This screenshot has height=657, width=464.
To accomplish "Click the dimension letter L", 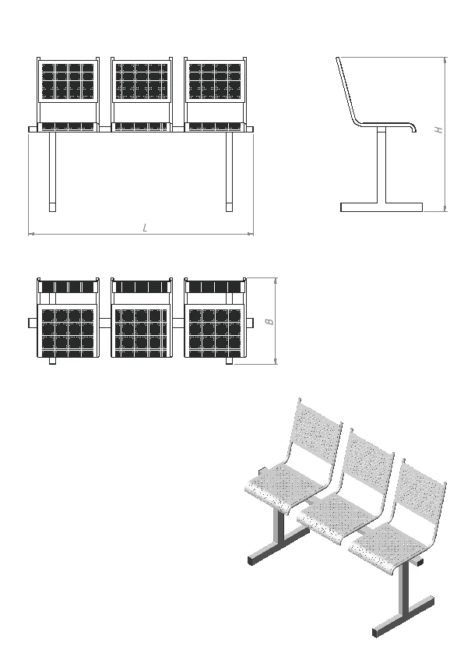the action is pyautogui.click(x=145, y=228).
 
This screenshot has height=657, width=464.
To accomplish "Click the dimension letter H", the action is pyautogui.click(x=438, y=129).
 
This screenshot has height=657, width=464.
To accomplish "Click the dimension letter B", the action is pyautogui.click(x=270, y=322).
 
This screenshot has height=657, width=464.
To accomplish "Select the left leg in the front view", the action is pyautogui.click(x=52, y=171).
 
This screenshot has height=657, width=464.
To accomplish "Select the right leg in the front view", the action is pyautogui.click(x=230, y=171).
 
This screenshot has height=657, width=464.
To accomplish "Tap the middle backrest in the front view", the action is pyautogui.click(x=142, y=81).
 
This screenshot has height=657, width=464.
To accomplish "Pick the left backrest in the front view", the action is pyautogui.click(x=69, y=81).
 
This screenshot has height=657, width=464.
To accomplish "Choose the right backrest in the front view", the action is pyautogui.click(x=216, y=81).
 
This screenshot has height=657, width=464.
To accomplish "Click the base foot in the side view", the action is pyautogui.click(x=381, y=207).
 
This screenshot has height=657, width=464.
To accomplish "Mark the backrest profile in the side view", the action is pyautogui.click(x=347, y=90).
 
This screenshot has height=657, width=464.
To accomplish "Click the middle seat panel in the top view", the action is pyautogui.click(x=142, y=331).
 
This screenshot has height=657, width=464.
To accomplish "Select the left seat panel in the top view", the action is pyautogui.click(x=69, y=331).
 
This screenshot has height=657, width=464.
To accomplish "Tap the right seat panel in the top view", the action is pyautogui.click(x=216, y=331).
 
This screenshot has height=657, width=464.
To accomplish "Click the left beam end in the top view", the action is pyautogui.click(x=33, y=323).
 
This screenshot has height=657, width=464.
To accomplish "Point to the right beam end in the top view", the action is pyautogui.click(x=250, y=323).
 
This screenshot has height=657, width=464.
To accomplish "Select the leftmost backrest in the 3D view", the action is pyautogui.click(x=317, y=433).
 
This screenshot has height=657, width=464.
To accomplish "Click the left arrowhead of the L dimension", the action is pyautogui.click(x=31, y=233).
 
